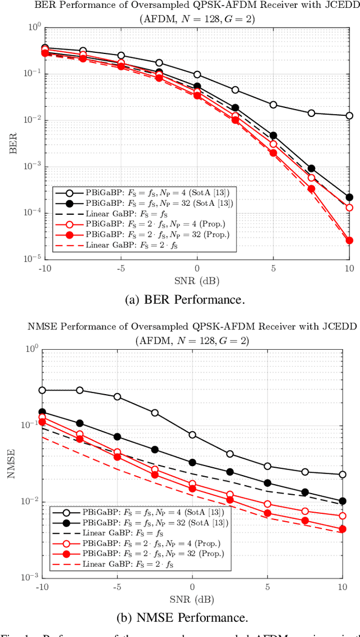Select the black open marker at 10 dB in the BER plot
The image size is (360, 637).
pos(349,116)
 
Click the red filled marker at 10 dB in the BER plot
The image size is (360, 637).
pos(349,241)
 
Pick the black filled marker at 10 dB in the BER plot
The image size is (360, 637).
pos(349,197)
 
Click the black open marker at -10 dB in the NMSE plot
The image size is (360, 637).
pos(42,390)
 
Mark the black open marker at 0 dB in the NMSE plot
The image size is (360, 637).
pos(192,435)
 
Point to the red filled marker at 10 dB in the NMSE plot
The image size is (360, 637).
pos(343,529)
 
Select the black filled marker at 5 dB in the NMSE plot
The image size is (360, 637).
pos(267,483)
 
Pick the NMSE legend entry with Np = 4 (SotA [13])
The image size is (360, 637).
pos(138,512)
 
